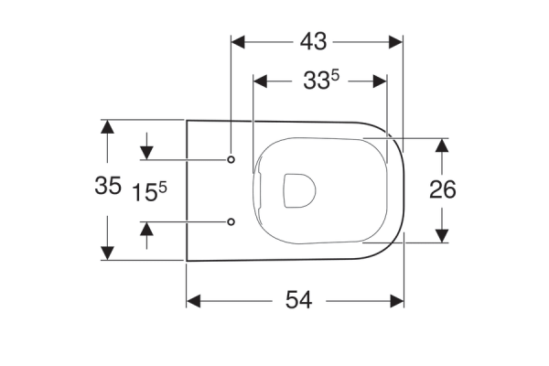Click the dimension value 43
[x=313, y=41]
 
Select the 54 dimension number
[x=298, y=300]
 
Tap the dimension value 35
[x=108, y=185]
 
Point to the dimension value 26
[x=443, y=189]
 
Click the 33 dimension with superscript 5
[x=321, y=80]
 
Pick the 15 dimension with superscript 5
[x=149, y=192]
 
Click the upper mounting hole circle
[x=231, y=160]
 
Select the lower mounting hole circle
[x=231, y=221]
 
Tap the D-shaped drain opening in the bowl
[x=300, y=190]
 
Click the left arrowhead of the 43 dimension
[x=238, y=42]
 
